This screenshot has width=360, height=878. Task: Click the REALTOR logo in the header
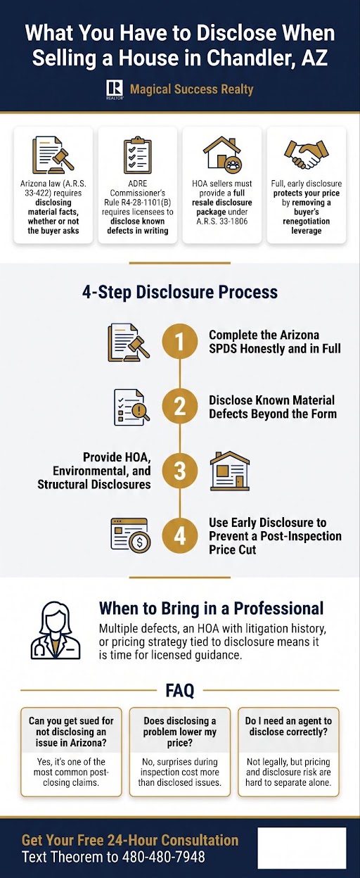tap(115, 90)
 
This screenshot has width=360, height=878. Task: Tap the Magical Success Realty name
tap(191, 89)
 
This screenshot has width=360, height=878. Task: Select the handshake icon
tap(307, 154)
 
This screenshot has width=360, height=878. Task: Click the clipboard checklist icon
tap(138, 155)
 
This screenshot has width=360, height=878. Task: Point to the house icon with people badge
tap(222, 155)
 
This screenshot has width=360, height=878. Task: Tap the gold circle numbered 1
tap(180, 341)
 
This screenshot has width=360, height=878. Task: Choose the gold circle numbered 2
tap(180, 406)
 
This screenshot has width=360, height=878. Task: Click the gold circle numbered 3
tap(180, 471)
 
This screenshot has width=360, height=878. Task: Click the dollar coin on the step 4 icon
tap(140, 543)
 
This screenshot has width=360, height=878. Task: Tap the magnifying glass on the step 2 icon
tap(140, 412)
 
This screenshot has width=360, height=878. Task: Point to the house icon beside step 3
tap(230, 471)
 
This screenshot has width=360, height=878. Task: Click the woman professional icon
tap(56, 630)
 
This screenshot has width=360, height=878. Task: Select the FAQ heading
tap(180, 690)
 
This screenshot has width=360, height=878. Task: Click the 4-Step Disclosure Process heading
tap(180, 293)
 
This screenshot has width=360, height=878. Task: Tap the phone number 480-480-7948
tap(163, 856)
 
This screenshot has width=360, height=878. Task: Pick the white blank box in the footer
tap(302, 848)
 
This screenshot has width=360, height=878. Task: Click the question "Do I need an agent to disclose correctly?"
tap(288, 726)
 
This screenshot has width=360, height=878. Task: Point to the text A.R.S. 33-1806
tap(222, 221)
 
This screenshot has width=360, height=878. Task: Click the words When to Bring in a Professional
tap(211, 609)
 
